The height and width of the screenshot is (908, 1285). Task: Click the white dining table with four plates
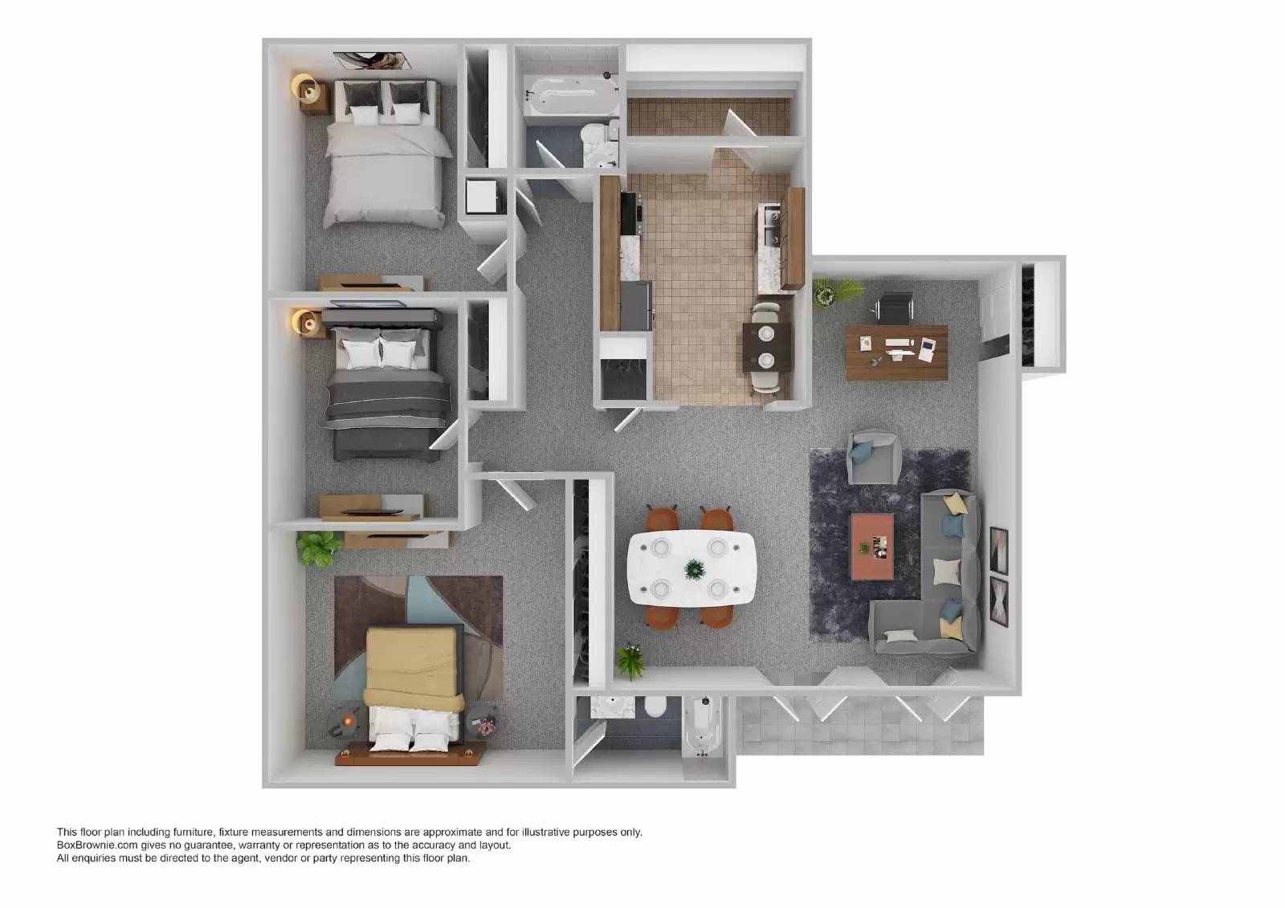[691, 568]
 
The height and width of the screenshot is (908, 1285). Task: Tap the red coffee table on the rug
[872, 546]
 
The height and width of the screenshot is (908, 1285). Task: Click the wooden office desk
[897, 352]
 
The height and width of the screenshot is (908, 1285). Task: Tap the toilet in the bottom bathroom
[654, 707]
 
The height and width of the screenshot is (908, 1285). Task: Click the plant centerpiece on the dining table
[695, 569]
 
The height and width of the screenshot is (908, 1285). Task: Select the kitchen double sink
[769, 226]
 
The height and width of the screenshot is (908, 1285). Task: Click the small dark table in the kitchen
[767, 347]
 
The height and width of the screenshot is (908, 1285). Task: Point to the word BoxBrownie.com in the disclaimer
[96, 845]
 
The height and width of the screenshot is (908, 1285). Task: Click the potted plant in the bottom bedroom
[318, 548]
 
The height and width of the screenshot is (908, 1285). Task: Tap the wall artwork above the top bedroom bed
[373, 60]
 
